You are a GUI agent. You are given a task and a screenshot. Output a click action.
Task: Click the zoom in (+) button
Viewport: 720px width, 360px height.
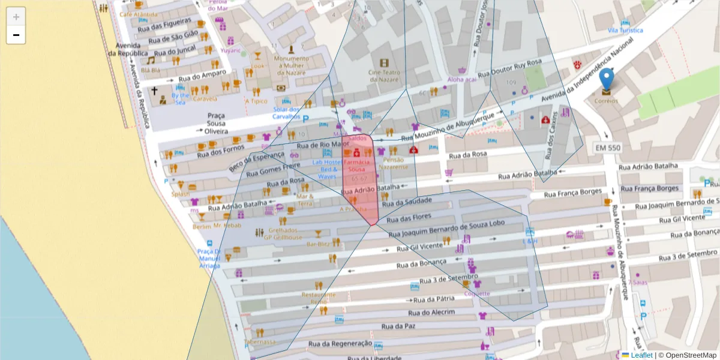pyautogui.click(x=16, y=17)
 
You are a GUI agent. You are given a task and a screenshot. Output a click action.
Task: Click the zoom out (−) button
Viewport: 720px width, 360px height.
pyautogui.click(x=16, y=35)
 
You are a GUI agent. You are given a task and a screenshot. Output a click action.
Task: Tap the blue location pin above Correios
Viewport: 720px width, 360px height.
pyautogui.click(x=607, y=79)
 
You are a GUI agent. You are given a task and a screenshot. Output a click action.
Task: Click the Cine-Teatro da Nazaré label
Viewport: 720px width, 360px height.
pyautogui.click(x=384, y=76)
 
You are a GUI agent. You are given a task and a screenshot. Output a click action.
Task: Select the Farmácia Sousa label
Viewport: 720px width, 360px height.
pyautogui.click(x=357, y=166)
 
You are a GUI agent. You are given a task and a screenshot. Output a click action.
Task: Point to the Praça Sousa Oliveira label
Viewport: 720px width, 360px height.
pyautogui.click(x=215, y=123)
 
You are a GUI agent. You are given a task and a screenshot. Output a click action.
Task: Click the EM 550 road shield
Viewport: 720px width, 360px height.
pyautogui.click(x=607, y=148)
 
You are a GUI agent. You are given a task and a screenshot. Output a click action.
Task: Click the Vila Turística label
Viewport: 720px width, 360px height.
pyautogui.click(x=625, y=30)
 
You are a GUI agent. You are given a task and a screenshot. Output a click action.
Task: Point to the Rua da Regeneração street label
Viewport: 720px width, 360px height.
pyautogui.click(x=340, y=343)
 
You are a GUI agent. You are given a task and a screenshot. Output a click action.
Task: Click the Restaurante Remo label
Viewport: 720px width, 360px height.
pyautogui.click(x=318, y=298)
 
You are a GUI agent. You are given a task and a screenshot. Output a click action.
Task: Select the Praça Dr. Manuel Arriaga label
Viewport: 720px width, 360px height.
pyautogui.click(x=209, y=258)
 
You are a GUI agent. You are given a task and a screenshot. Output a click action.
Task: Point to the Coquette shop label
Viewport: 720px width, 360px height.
pyautogui.click(x=477, y=293)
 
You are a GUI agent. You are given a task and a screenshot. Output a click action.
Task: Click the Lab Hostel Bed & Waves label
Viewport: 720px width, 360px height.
pyautogui.click(x=327, y=169)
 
